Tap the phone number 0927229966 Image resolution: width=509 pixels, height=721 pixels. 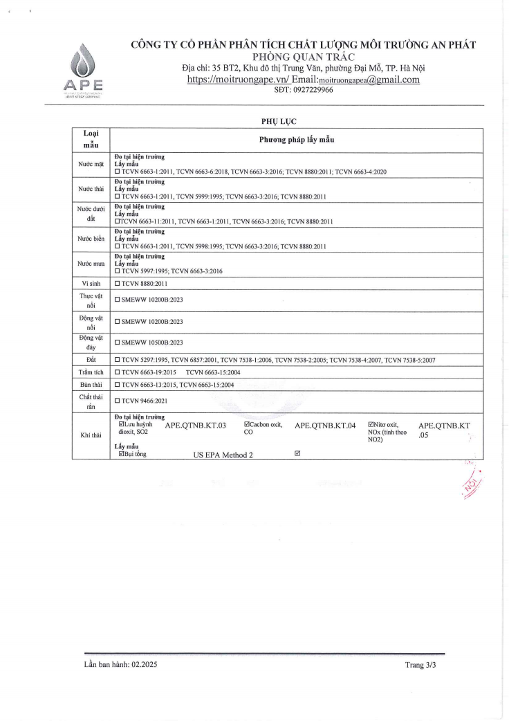(x=304, y=91)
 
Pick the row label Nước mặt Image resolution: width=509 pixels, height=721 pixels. (x=91, y=165)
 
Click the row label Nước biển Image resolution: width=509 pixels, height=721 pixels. (x=91, y=240)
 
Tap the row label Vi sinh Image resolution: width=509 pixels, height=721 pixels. (x=91, y=284)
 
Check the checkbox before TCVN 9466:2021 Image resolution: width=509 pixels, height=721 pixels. (x=118, y=401)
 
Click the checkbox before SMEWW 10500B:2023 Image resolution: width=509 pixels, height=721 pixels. (x=118, y=343)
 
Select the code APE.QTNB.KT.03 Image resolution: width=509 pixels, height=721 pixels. (x=196, y=426)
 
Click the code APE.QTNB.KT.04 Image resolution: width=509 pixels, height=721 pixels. (x=325, y=426)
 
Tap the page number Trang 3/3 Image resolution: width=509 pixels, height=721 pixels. (x=421, y=665)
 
